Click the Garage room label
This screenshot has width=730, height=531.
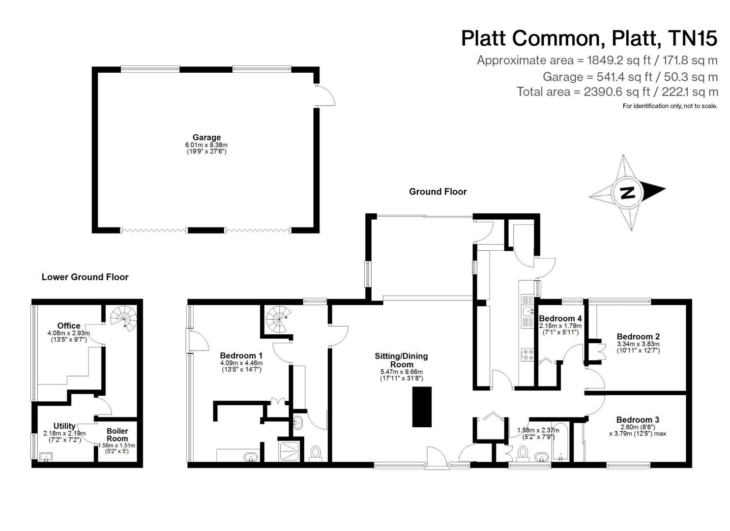206,137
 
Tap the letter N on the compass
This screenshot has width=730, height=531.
627,192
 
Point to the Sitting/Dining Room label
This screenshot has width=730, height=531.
401,360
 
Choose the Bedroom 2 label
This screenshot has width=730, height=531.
638,337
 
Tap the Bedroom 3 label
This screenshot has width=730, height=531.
638,419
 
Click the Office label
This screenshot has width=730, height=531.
69,325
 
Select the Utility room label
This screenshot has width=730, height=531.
64,426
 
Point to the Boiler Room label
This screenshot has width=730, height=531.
117,435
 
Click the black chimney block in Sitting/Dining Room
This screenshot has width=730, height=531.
422,407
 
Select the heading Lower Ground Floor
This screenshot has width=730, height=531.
85,277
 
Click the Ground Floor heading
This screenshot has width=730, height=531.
438,192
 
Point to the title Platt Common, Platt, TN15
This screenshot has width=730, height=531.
589,38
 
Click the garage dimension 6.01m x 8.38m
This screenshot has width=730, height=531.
206,145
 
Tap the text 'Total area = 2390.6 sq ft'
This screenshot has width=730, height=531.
583,92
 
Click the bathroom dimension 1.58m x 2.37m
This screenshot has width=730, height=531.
538,430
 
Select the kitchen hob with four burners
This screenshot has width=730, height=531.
527,354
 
